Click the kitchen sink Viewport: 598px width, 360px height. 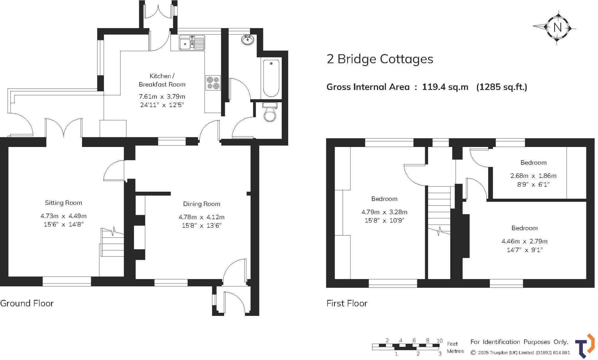[192, 43]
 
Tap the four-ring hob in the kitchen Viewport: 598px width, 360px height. [213, 83]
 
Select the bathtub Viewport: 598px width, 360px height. [271, 78]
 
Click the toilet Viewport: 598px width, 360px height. [270, 113]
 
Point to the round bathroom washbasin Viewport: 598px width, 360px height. [248, 40]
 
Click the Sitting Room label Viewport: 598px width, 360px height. [63, 202]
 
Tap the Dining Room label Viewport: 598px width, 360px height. [201, 204]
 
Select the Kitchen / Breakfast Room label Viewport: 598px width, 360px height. [162, 80]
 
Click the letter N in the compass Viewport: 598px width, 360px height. [557, 28]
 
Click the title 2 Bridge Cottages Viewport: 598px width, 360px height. [380, 59]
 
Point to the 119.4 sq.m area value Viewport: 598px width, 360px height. [445, 87]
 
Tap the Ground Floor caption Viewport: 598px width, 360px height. [27, 303]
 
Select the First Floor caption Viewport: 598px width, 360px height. [347, 303]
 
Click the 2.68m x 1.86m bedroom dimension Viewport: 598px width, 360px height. [533, 176]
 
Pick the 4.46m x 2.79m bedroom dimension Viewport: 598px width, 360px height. [524, 241]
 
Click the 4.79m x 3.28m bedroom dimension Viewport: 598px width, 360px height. [384, 212]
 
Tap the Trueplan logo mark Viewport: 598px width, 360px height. [585, 346]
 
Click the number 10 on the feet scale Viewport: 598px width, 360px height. [439, 340]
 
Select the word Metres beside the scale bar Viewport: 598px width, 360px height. [455, 351]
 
